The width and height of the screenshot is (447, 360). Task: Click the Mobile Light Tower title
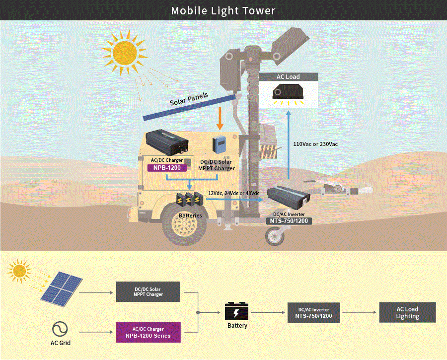[223, 11]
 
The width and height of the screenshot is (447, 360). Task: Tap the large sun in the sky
[125, 53]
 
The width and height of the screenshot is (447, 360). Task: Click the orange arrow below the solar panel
[220, 118]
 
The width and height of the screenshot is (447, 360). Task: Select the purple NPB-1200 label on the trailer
[167, 168]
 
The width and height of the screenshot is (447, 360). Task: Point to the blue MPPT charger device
[219, 144]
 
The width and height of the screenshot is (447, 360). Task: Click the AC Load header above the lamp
[288, 76]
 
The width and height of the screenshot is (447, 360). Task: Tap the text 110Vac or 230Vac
[315, 144]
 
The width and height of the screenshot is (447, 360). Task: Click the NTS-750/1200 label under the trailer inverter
[289, 221]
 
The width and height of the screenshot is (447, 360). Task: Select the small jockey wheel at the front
[275, 236]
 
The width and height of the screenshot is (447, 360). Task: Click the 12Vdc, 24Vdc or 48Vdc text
[234, 193]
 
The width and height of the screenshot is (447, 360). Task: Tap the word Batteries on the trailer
[190, 216]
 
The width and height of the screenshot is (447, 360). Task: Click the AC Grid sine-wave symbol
[60, 329]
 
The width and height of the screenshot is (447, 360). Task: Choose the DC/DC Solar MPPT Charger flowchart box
[148, 292]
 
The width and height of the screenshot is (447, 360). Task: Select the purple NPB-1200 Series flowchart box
[148, 332]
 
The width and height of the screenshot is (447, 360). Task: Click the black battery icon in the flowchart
[236, 311]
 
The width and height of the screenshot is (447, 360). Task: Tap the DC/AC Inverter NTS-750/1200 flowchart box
[313, 313]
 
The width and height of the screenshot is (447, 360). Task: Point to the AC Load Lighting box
[407, 312]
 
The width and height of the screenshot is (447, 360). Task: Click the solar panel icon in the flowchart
[62, 289]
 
